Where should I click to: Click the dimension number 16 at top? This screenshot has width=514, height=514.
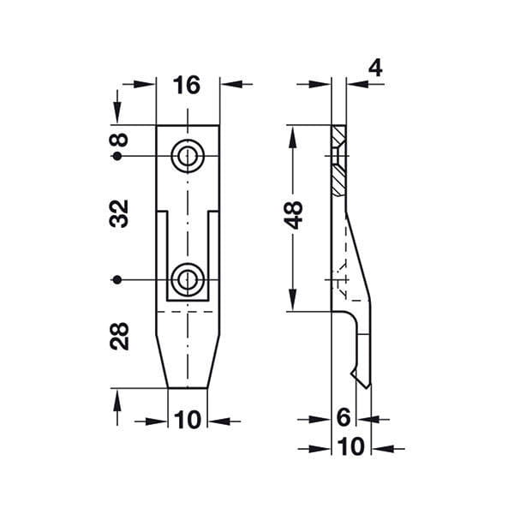click(186, 85)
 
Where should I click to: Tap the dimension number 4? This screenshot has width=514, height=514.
click(375, 69)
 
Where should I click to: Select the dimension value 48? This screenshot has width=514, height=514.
click(294, 215)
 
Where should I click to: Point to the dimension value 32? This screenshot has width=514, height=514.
click(119, 213)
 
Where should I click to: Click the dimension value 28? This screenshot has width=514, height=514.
click(119, 336)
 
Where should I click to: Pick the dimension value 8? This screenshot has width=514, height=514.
click(119, 140)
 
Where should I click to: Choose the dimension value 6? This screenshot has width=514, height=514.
click(344, 417)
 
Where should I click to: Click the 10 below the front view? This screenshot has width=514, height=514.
click(187, 420)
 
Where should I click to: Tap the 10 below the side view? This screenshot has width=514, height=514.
click(350, 446)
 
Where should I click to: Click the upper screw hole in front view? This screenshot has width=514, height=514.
click(188, 156)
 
